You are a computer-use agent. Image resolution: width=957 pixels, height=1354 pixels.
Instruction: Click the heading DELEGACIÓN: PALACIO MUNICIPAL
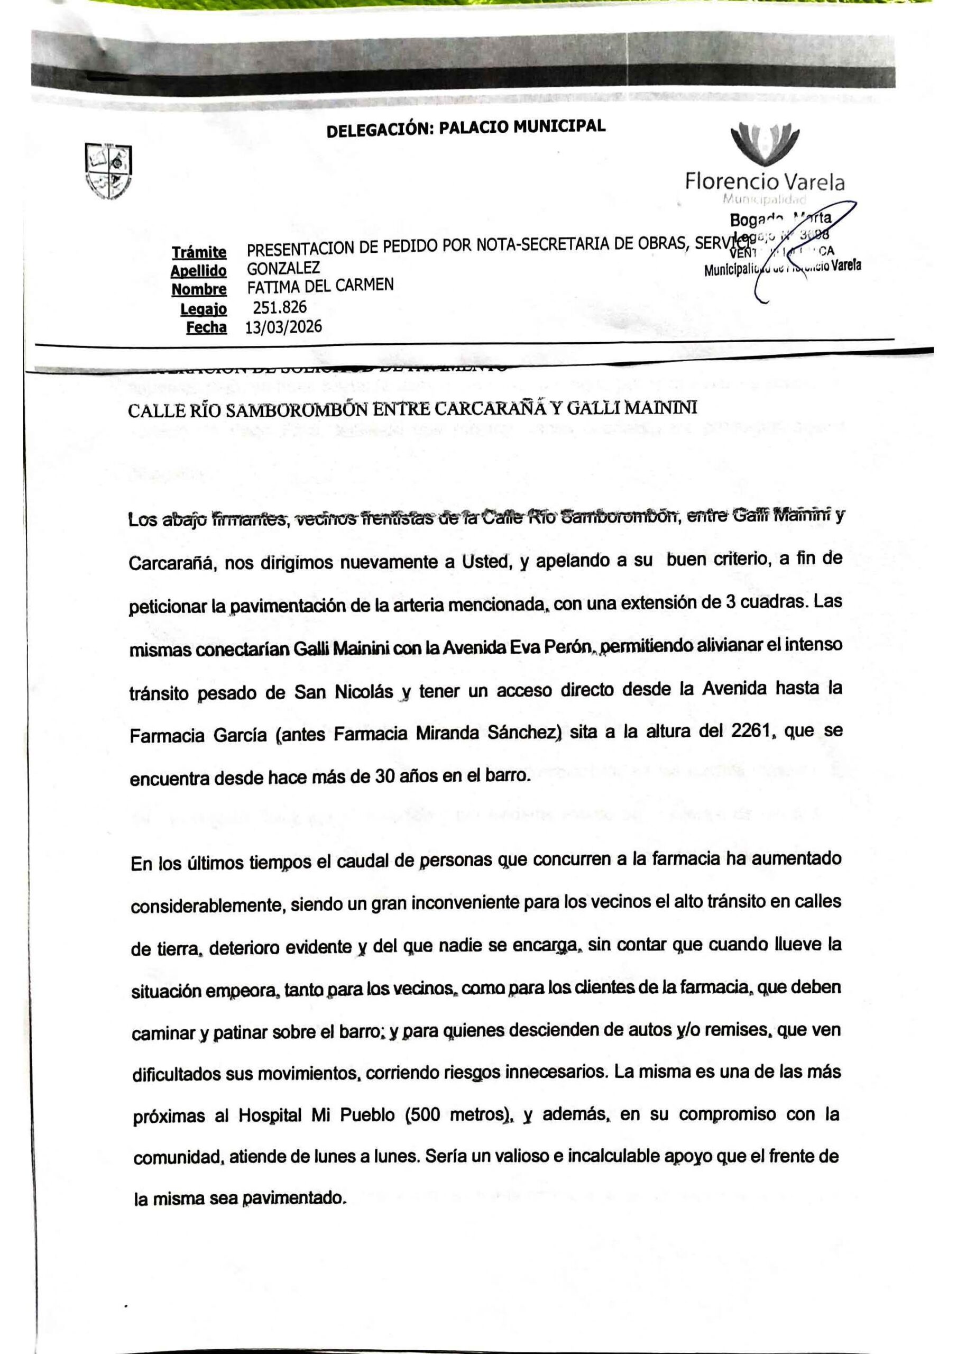click(x=466, y=128)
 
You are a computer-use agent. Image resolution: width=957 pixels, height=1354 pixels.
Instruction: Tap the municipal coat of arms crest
click(x=108, y=171)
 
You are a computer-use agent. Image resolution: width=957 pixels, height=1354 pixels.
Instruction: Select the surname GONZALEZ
click(x=283, y=268)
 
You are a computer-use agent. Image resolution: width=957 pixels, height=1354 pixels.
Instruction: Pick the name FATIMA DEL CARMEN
click(x=320, y=287)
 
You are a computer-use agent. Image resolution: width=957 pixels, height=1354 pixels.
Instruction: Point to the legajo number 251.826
click(x=280, y=307)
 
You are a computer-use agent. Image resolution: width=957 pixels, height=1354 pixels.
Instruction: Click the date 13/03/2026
click(x=283, y=327)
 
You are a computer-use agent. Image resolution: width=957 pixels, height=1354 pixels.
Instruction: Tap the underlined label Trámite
click(x=199, y=252)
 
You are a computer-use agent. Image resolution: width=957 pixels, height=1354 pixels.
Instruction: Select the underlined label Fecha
click(x=206, y=327)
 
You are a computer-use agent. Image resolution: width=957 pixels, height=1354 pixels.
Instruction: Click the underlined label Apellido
click(x=199, y=271)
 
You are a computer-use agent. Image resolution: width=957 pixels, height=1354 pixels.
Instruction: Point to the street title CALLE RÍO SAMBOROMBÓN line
click(x=412, y=409)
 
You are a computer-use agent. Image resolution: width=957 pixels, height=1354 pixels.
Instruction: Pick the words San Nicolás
click(x=344, y=692)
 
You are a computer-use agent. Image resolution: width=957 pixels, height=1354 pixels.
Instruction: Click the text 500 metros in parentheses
click(x=460, y=1115)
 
